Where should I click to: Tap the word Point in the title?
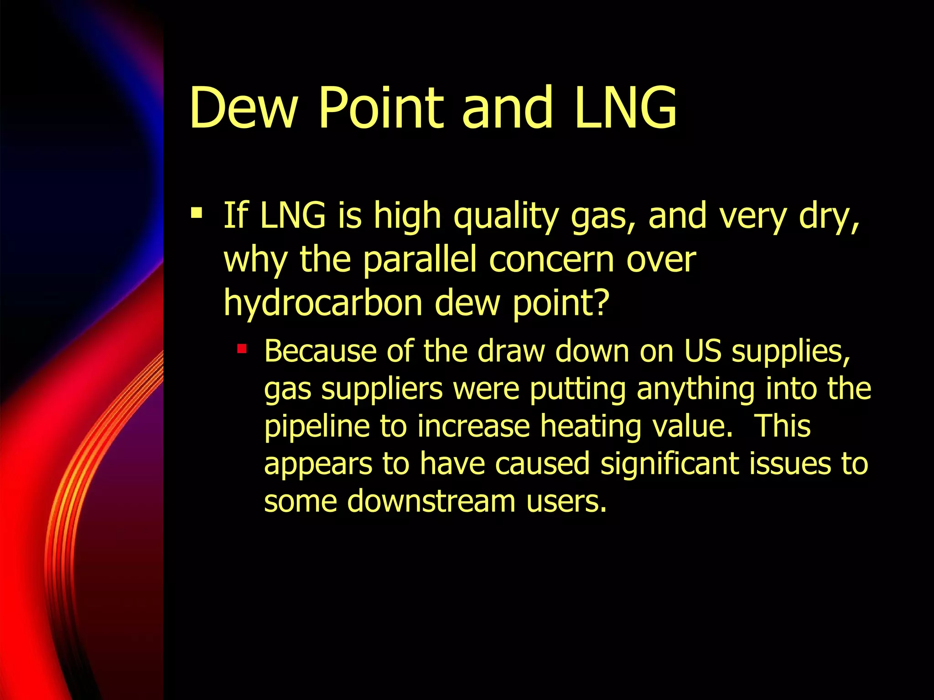380,108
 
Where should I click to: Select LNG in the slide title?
625,108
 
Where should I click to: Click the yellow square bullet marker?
197,212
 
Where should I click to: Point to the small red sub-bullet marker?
242,350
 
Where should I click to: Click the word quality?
506,216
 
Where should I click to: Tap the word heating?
591,427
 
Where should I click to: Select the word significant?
669,464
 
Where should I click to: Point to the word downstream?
431,501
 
